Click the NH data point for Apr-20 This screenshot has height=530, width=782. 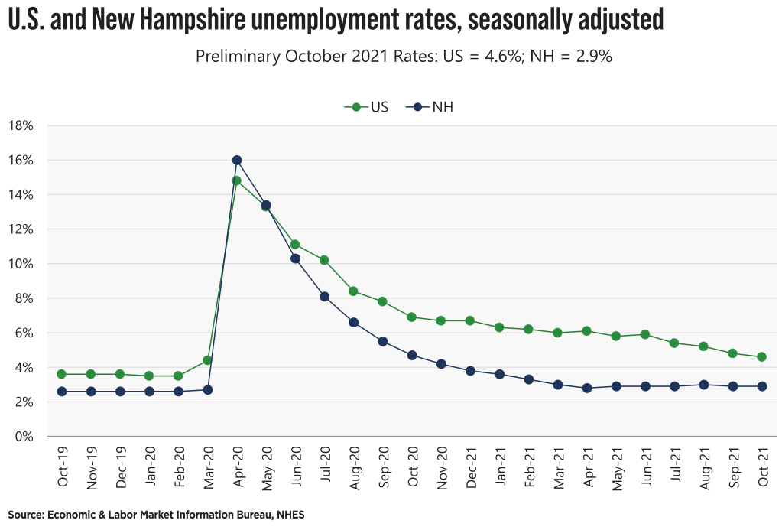(237, 161)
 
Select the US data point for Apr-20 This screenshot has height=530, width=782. (237, 181)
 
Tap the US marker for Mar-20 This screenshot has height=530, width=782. (207, 360)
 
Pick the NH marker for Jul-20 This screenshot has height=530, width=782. (324, 297)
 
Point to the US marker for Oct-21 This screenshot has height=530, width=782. (762, 357)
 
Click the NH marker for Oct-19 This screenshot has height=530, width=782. (62, 392)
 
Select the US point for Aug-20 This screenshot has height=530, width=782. (353, 291)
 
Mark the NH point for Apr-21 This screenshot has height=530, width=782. (587, 388)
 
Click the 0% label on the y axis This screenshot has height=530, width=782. (24, 437)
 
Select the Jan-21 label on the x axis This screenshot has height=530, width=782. (501, 467)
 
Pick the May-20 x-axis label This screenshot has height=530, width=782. (268, 467)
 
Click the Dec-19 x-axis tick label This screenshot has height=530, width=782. (122, 467)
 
